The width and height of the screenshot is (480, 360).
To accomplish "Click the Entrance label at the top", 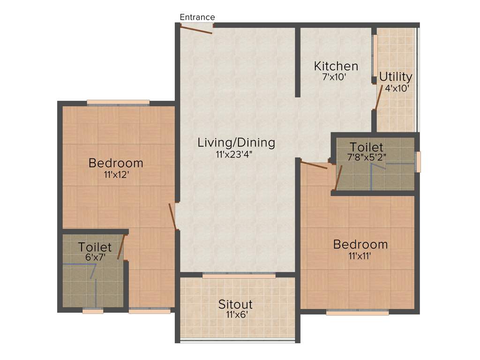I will [x=197, y=17].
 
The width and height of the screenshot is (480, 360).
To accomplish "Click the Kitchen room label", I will [x=336, y=66].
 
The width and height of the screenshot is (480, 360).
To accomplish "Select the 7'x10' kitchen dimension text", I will [x=334, y=77].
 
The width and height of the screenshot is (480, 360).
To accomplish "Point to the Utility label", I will [x=396, y=76].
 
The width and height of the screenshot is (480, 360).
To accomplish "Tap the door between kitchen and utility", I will [x=378, y=97].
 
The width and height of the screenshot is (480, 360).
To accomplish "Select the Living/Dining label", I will [x=236, y=142].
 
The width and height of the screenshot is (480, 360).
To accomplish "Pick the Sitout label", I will [x=235, y=304].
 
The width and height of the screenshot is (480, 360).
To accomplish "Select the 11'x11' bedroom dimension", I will [x=360, y=256].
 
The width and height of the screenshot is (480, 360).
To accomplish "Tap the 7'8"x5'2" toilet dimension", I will [x=367, y=157].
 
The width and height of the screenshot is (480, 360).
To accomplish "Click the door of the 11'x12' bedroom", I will [x=172, y=217].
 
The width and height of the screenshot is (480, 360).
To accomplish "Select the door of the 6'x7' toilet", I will [x=121, y=247].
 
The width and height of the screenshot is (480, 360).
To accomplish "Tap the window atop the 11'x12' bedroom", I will [x=118, y=102].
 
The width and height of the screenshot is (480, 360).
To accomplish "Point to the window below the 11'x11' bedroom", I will [x=357, y=312].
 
